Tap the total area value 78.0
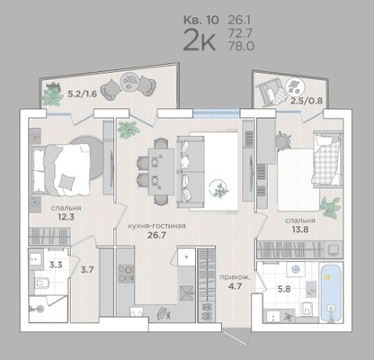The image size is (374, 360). tap(241, 46)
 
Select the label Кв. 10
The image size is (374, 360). tap(201, 20)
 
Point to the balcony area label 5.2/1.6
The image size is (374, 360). tap(83, 94)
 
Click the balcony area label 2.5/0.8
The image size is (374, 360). tap(307, 101)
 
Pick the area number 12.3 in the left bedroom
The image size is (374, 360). tap(67, 216)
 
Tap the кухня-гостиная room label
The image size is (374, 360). tap(156, 226)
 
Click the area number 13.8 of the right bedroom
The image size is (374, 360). tap(300, 229)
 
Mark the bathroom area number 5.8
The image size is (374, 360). tap(284, 290)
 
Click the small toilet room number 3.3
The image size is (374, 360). tap(56, 265)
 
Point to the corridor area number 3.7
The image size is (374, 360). tap(87, 270)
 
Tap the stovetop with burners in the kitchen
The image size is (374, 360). tap(126, 274)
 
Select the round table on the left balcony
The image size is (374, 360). tap(129, 81)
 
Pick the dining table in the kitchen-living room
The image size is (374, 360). tap(161, 172)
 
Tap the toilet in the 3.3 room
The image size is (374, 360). tap(42, 283)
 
